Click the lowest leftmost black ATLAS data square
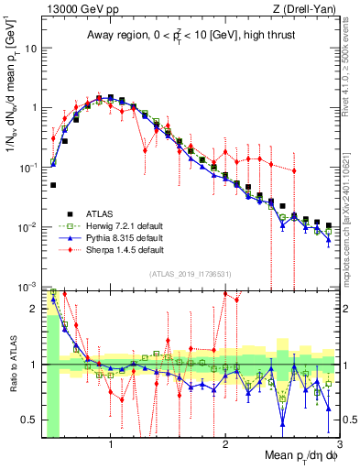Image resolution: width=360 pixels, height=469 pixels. coord(53,185)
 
